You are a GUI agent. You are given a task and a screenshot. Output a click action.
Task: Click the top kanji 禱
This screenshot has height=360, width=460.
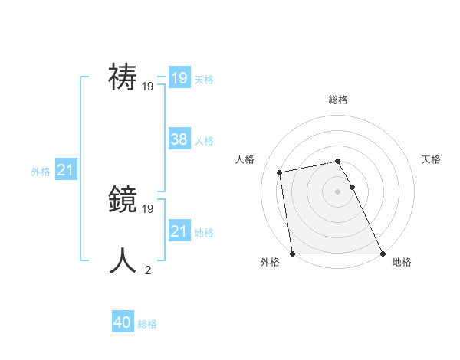click(x=123, y=78)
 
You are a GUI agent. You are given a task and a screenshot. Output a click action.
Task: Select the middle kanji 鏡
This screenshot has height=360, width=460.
click(x=123, y=201)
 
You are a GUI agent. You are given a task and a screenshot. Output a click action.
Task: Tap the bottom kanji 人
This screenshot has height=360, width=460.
click(x=123, y=260)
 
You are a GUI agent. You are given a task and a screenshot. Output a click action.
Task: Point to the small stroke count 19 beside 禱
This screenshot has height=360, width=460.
click(x=148, y=87)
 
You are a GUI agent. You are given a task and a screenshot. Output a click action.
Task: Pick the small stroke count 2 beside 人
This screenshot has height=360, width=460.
click(x=148, y=270)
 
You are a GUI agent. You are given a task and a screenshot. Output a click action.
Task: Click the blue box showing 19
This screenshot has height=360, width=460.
click(x=179, y=78)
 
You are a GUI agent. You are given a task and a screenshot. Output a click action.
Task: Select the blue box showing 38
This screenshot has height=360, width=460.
click(x=179, y=139)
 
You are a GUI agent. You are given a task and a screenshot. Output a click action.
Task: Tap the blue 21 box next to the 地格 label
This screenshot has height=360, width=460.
click(x=179, y=231)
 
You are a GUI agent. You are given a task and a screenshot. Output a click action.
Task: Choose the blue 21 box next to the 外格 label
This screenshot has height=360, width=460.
click(x=65, y=171)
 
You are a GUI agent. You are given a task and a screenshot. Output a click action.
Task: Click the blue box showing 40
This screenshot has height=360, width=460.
click(x=123, y=323)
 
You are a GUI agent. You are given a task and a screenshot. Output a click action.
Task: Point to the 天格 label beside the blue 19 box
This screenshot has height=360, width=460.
click(x=204, y=80)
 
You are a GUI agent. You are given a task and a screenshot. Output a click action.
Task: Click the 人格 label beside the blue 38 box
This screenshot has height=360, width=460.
click(x=204, y=141)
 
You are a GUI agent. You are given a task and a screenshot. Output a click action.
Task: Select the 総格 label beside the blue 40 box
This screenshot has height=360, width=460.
click(x=147, y=325)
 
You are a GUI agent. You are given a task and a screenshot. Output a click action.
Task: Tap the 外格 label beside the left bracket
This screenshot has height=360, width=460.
click(x=41, y=172)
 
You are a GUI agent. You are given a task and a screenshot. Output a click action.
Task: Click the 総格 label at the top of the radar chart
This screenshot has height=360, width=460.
click(x=337, y=100)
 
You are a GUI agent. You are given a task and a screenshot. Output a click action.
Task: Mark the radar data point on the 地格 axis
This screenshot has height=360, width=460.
click(x=382, y=253)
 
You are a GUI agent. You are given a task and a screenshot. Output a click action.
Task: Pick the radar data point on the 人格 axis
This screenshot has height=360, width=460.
click(x=281, y=172)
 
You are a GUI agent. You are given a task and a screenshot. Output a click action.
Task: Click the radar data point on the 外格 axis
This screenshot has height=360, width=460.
click(x=292, y=254)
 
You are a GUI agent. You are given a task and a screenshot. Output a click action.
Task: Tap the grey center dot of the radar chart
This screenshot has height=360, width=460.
click(x=337, y=191)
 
